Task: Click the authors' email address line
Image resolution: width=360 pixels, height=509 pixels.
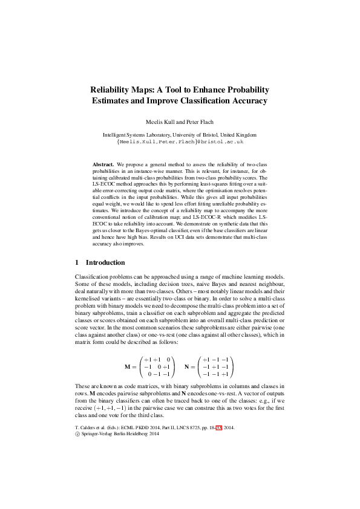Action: pyautogui.click(x=180, y=141)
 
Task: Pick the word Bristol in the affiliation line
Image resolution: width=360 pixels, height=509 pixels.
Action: pyautogui.click(x=211, y=135)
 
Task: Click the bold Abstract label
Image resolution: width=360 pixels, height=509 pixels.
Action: pyautogui.click(x=103, y=164)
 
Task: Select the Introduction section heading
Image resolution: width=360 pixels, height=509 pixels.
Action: pyautogui.click(x=105, y=262)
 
